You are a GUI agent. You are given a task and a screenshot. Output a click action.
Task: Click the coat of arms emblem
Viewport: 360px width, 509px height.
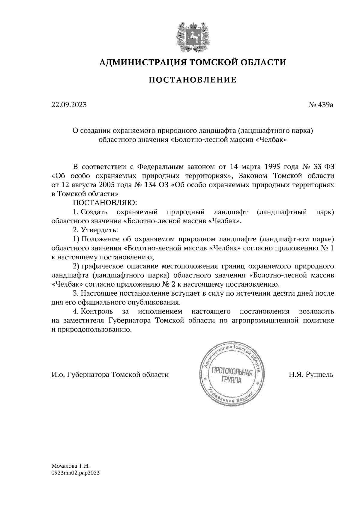192,35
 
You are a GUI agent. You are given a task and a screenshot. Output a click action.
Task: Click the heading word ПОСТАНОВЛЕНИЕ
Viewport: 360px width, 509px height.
193,80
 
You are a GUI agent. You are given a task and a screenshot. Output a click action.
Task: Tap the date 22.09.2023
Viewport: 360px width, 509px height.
69,105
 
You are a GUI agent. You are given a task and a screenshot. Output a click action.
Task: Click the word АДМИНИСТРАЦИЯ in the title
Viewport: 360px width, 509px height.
139,62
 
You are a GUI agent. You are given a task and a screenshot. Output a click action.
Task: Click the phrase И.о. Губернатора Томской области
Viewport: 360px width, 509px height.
110,375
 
